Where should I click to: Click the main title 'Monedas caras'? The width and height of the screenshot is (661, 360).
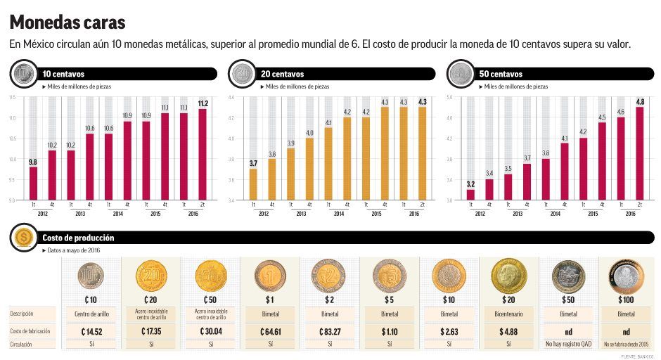pos(68,22)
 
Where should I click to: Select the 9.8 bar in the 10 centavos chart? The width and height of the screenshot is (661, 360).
pos(33,183)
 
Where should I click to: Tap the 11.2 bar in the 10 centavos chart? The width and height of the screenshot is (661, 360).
pos(203,154)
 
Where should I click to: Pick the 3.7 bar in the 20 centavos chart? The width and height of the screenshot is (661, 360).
pos(253,184)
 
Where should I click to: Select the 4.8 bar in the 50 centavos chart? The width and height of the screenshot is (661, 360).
pos(639,153)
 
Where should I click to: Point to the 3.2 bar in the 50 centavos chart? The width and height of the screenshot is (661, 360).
pos(470,194)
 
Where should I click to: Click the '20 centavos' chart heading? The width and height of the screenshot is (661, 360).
pos(281,74)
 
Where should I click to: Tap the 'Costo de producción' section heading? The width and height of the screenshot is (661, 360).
pos(78,238)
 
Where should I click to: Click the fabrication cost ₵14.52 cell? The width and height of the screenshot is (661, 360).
pos(91,331)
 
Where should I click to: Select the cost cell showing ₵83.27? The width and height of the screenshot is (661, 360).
pos(330,331)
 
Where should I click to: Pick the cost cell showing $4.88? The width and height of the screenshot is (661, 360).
pos(508,331)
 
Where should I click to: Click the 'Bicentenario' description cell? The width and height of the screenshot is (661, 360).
pos(508,314)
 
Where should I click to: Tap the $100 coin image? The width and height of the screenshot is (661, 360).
pos(627,277)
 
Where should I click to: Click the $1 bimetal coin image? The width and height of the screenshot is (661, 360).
pos(270,276)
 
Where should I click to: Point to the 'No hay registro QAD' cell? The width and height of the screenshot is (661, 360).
pos(567,345)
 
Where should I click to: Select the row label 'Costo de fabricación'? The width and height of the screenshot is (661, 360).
pos(30,331)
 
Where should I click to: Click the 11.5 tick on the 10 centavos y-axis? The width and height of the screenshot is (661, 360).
pos(11,97)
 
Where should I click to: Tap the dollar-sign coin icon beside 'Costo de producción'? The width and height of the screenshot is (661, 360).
pos(23,238)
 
